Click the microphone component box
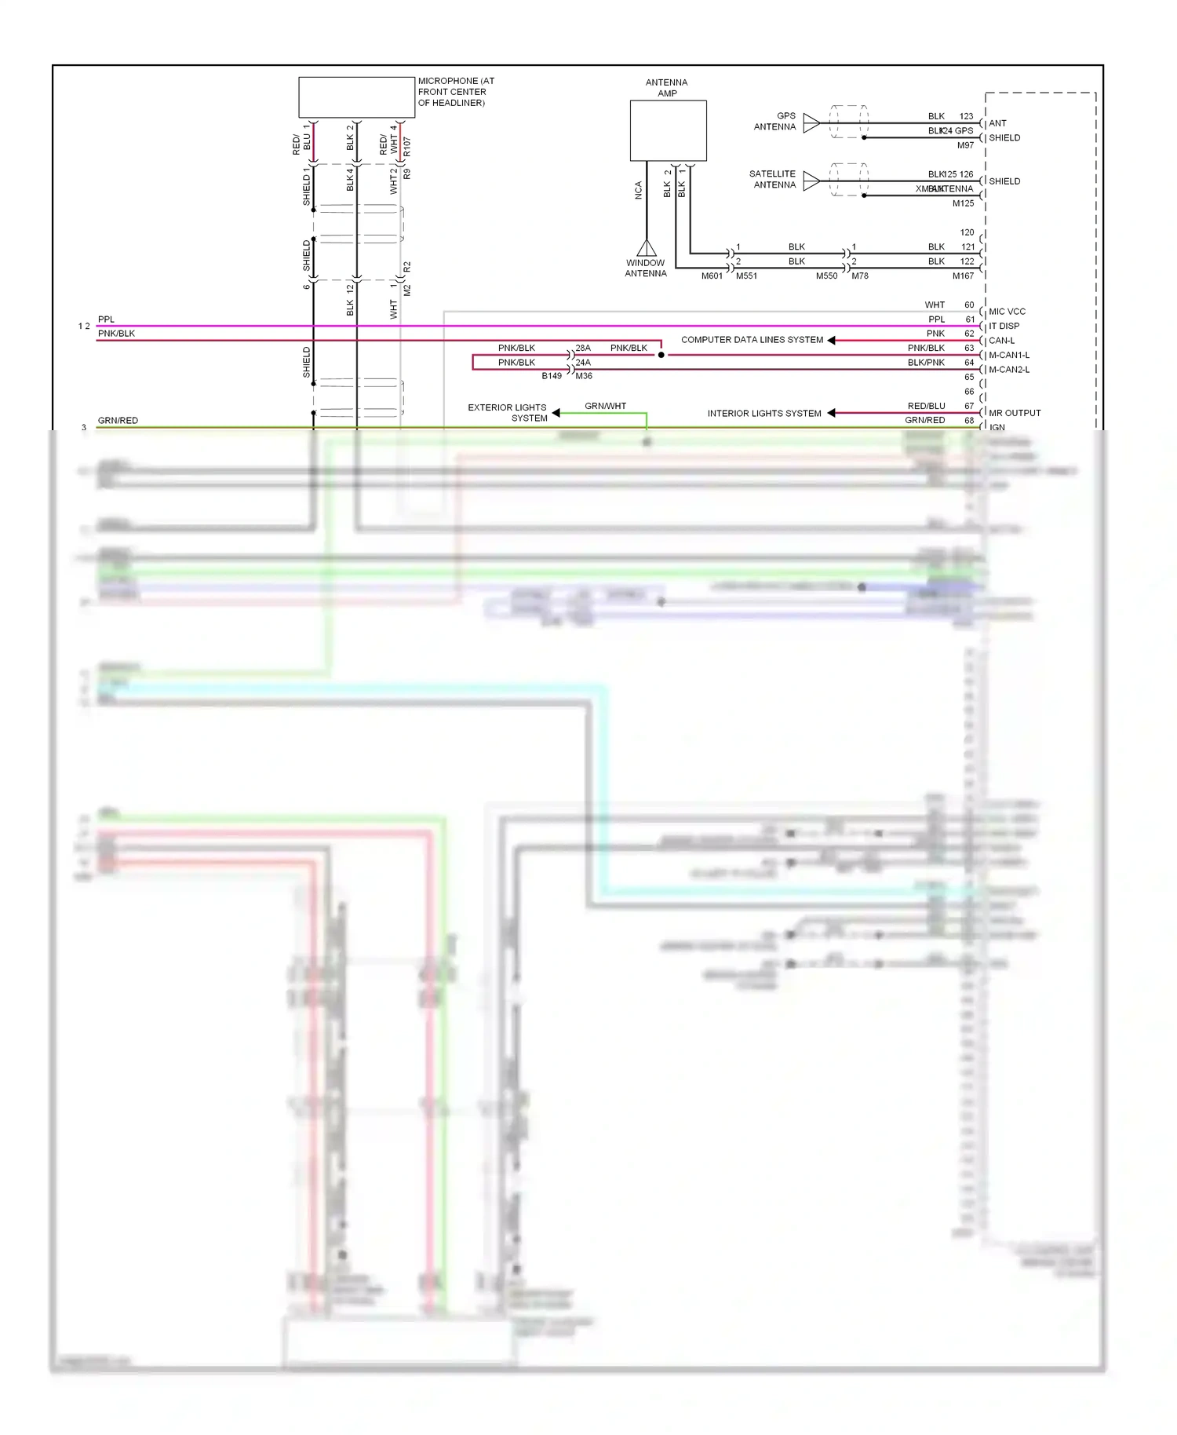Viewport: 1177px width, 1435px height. [x=356, y=97]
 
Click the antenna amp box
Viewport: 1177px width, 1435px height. [x=668, y=130]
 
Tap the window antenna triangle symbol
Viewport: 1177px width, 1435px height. [x=647, y=248]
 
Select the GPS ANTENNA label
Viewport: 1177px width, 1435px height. [x=774, y=121]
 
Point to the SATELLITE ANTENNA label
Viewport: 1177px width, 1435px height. [x=772, y=179]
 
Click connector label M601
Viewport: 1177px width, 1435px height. [x=712, y=276]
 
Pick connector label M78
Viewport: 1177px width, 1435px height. [x=860, y=276]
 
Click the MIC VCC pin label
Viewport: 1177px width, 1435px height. [x=1007, y=312]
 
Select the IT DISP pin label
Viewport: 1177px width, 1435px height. [x=1004, y=326]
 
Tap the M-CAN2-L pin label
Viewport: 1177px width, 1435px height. [x=1009, y=370]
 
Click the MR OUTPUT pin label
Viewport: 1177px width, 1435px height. [x=1015, y=413]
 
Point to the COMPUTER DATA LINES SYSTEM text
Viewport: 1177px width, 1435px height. [x=752, y=340]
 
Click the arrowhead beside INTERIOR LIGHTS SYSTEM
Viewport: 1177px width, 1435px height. [x=831, y=413]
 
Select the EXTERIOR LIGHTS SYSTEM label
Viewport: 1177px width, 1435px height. [x=508, y=413]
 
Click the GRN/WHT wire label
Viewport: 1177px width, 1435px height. [x=605, y=406]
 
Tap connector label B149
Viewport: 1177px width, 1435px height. [x=552, y=376]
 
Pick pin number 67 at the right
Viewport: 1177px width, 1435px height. [x=969, y=406]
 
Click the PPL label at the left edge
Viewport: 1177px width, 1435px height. [x=106, y=319]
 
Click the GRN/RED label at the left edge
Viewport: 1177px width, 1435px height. [x=118, y=421]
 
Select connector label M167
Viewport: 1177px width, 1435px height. [x=963, y=276]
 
